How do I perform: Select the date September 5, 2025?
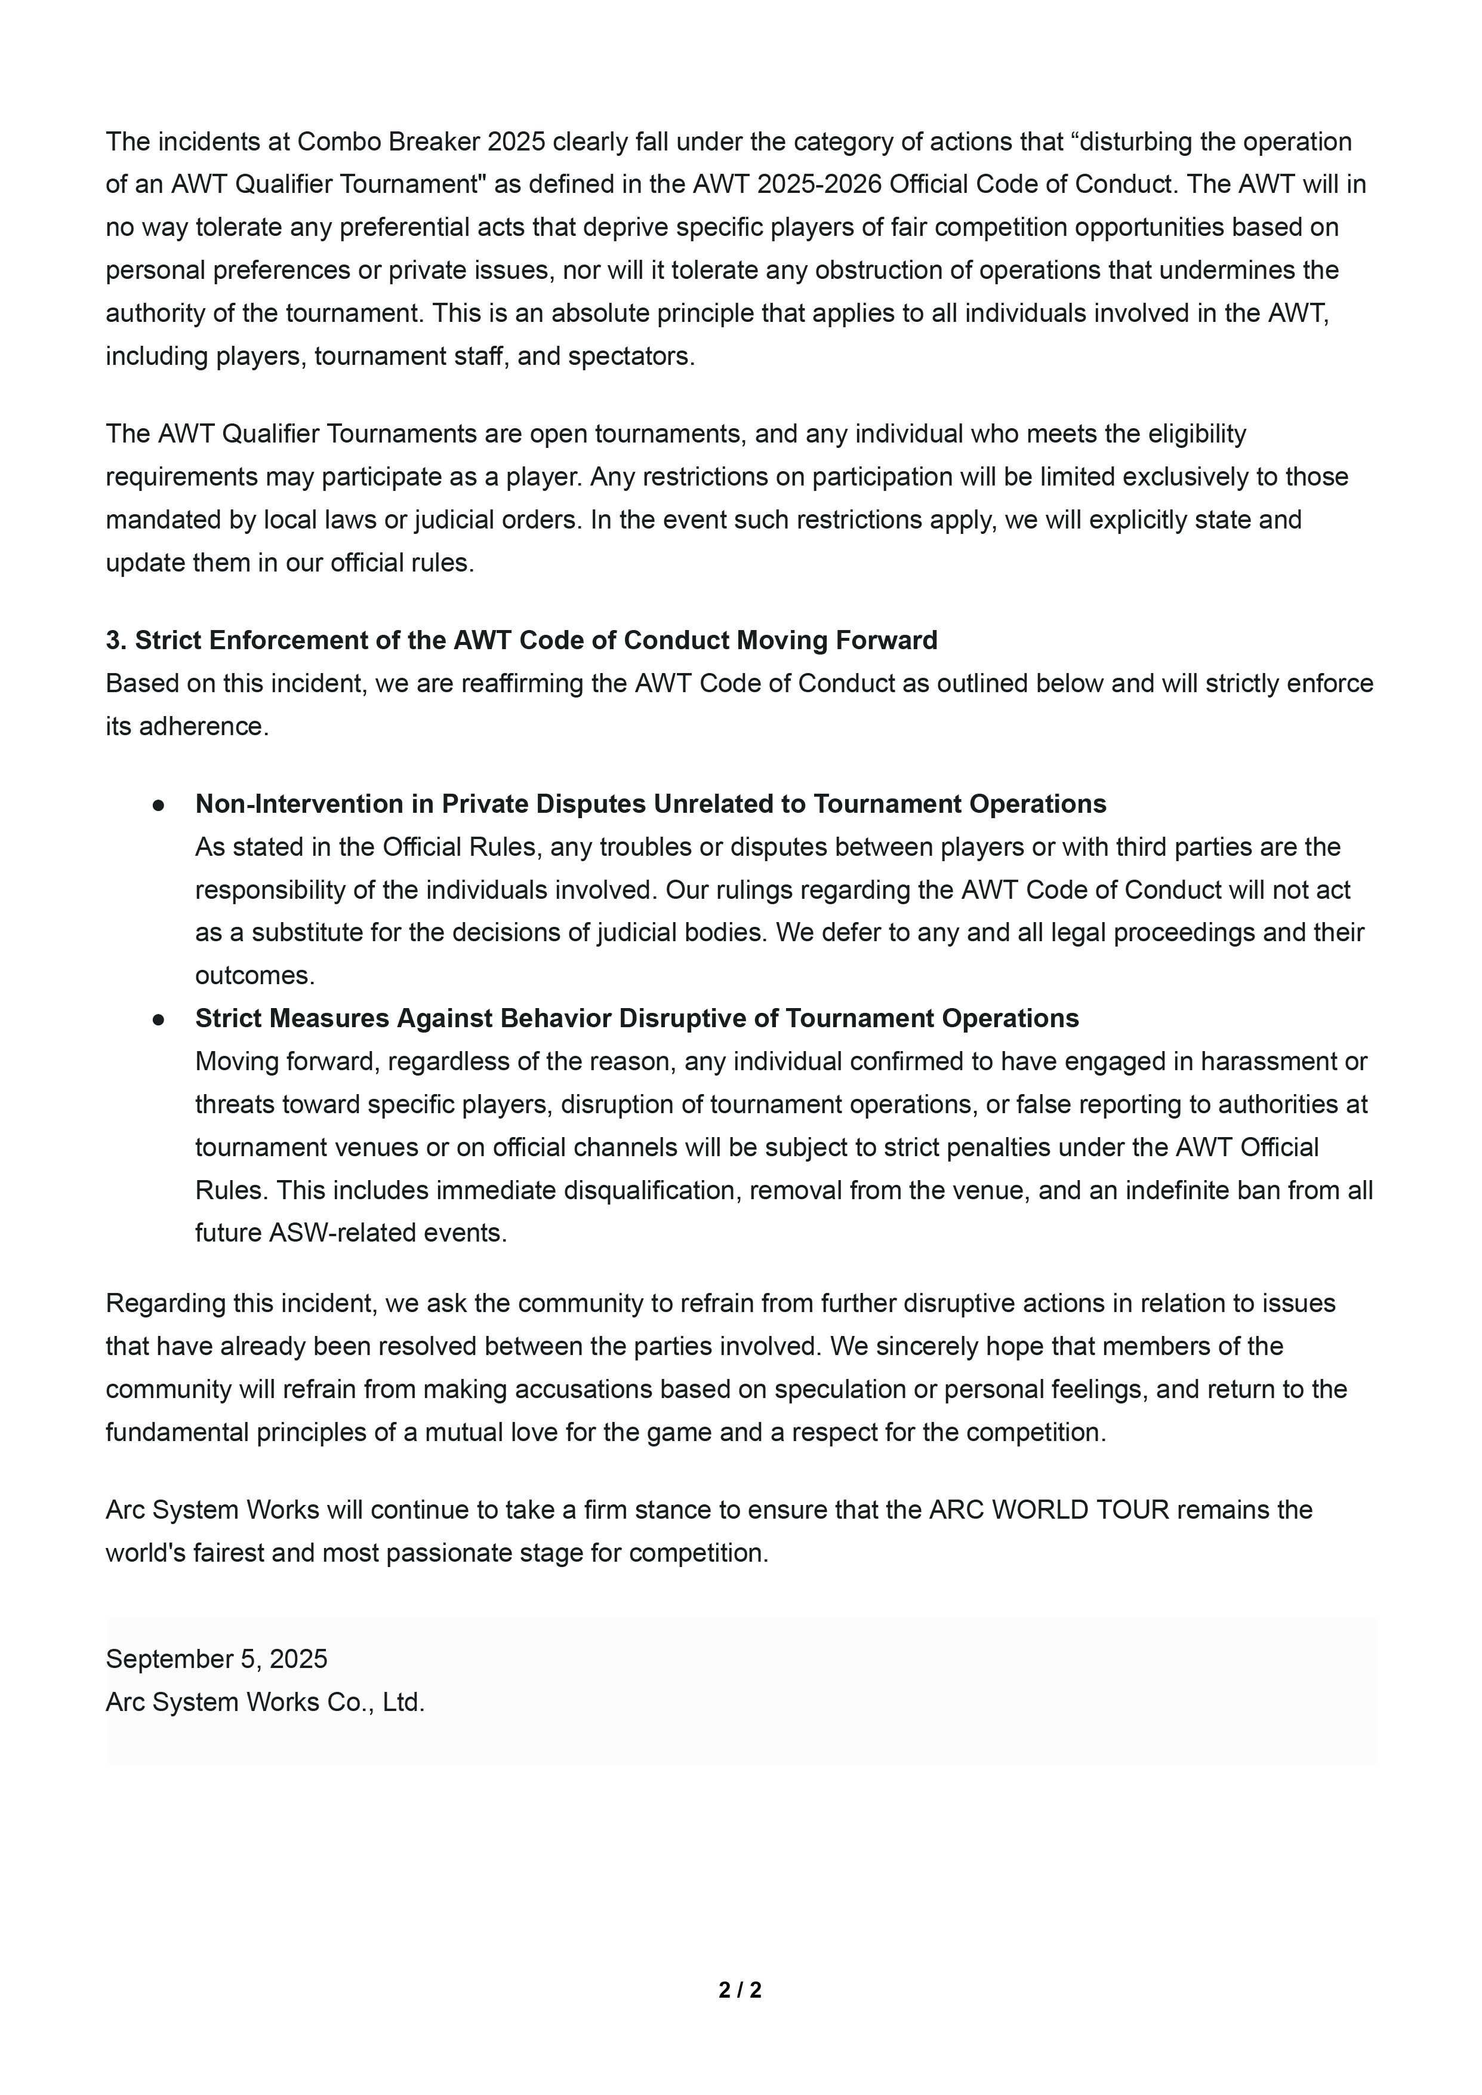(x=216, y=1658)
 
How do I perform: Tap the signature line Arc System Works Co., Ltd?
(x=264, y=1701)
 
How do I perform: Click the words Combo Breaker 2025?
(x=421, y=142)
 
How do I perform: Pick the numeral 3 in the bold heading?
(x=113, y=640)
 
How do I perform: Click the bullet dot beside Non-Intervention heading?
(x=159, y=804)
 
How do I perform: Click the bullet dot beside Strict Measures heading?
(x=159, y=1019)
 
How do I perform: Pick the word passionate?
(x=456, y=1552)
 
